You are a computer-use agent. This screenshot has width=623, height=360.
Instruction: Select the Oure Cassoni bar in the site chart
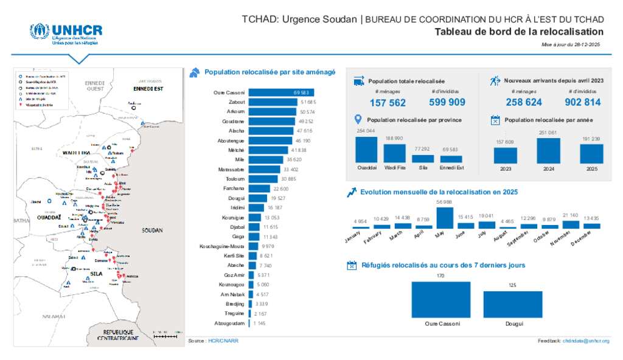click(273, 92)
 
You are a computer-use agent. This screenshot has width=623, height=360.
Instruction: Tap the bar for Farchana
click(260, 189)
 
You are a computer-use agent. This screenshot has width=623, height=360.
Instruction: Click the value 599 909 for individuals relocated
click(447, 102)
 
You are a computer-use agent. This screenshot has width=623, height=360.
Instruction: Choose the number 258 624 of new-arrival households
click(523, 102)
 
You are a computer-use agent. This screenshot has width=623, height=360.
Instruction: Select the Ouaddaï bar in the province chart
click(366, 150)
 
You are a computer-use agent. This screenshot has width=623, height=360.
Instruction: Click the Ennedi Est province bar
click(451, 159)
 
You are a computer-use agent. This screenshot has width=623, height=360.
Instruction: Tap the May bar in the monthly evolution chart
click(445, 218)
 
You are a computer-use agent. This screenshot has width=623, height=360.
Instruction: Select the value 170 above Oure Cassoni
click(440, 276)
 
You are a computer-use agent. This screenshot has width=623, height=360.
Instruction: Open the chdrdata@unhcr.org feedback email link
click(585, 341)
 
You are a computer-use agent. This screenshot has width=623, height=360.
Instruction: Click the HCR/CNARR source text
click(223, 341)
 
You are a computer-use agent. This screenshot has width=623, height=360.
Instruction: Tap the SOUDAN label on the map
click(152, 231)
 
